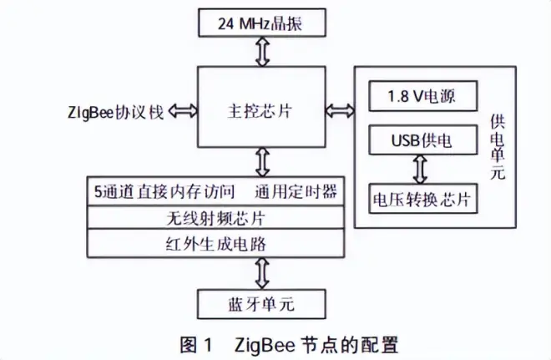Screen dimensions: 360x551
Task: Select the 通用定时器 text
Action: [298, 191]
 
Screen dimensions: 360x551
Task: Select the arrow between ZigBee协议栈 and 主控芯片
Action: [183, 110]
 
